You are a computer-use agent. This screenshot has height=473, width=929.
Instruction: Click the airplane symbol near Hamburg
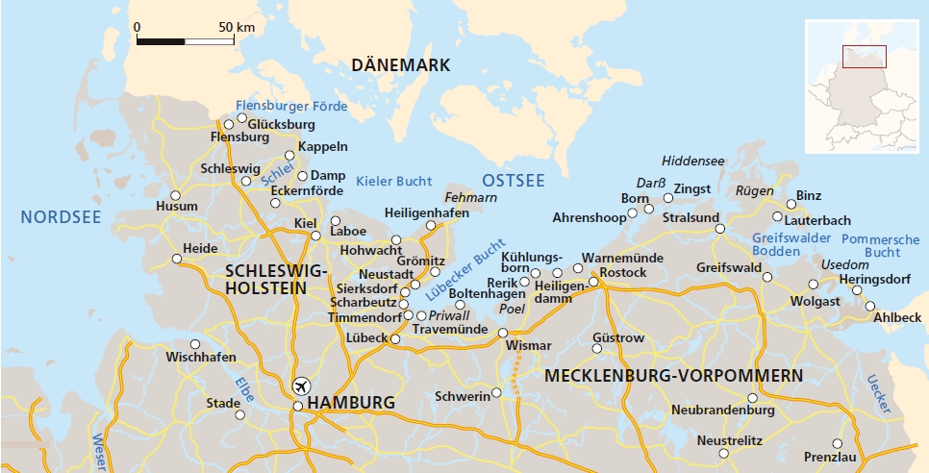302,386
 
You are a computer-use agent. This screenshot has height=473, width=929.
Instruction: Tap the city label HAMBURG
351,403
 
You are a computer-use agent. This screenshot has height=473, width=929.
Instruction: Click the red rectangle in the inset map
864,57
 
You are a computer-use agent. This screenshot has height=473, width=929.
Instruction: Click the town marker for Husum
176,195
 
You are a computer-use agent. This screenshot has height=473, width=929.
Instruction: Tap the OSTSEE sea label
513,181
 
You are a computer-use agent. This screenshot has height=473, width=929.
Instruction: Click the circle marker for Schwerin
496,392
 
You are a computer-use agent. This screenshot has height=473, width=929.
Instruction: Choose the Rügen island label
754,191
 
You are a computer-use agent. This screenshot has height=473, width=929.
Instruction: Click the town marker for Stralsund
732,228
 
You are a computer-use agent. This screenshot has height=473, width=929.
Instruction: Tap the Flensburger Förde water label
291,106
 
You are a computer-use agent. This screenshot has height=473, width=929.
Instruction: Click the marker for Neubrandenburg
753,397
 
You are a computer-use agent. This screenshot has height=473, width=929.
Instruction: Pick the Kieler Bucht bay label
394,181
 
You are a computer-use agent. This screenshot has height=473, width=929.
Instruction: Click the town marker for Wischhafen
195,344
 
